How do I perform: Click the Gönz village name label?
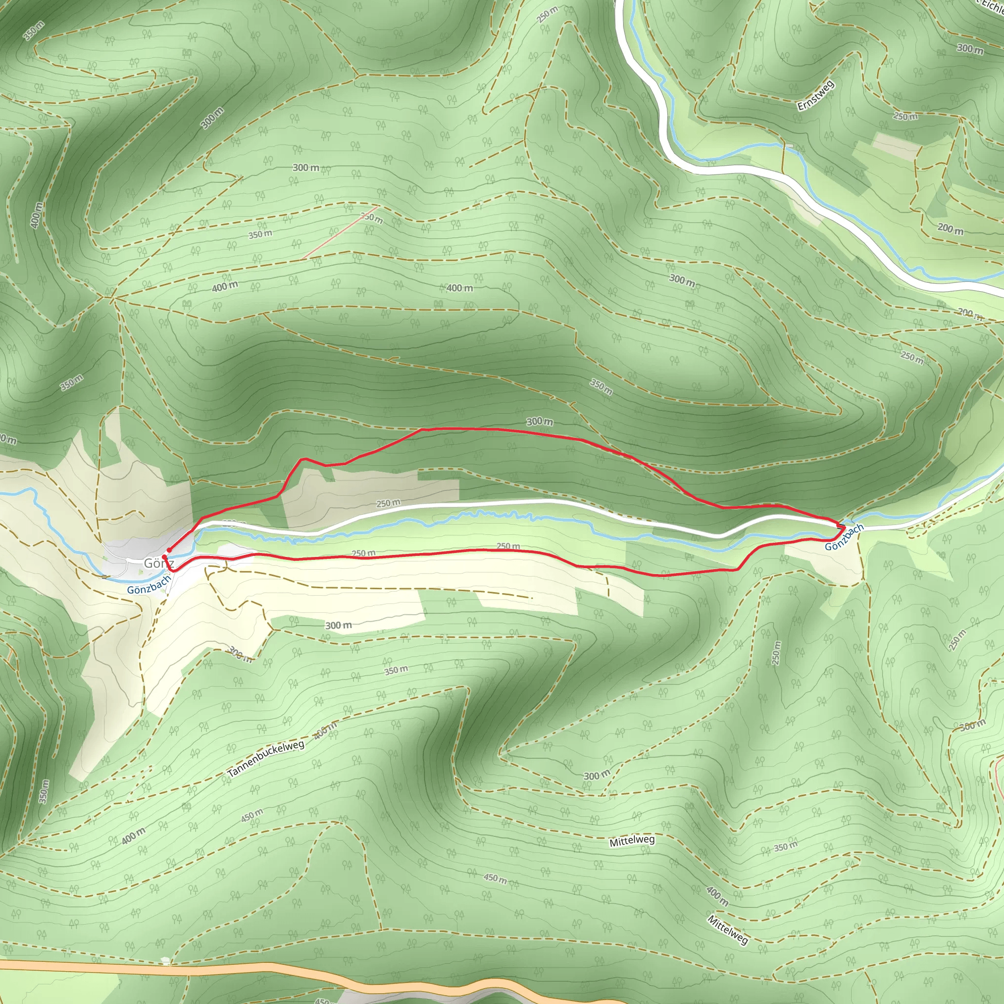(x=158, y=563)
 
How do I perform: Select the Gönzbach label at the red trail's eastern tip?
(x=844, y=536)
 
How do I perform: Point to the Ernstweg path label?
(x=815, y=95)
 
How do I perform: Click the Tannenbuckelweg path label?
(x=266, y=759)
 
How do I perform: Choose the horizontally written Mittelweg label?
(x=632, y=840)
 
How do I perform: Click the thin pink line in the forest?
(x=333, y=232)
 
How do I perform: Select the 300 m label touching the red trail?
(x=539, y=422)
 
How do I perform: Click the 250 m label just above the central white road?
(x=388, y=503)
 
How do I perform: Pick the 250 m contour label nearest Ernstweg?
(x=905, y=116)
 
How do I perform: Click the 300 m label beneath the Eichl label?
(x=970, y=49)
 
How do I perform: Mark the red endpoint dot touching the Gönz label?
(x=164, y=556)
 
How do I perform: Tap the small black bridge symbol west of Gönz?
(x=105, y=577)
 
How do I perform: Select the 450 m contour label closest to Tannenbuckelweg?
(x=252, y=816)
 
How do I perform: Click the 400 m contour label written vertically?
(x=36, y=215)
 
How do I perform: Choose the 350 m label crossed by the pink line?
(x=372, y=218)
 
